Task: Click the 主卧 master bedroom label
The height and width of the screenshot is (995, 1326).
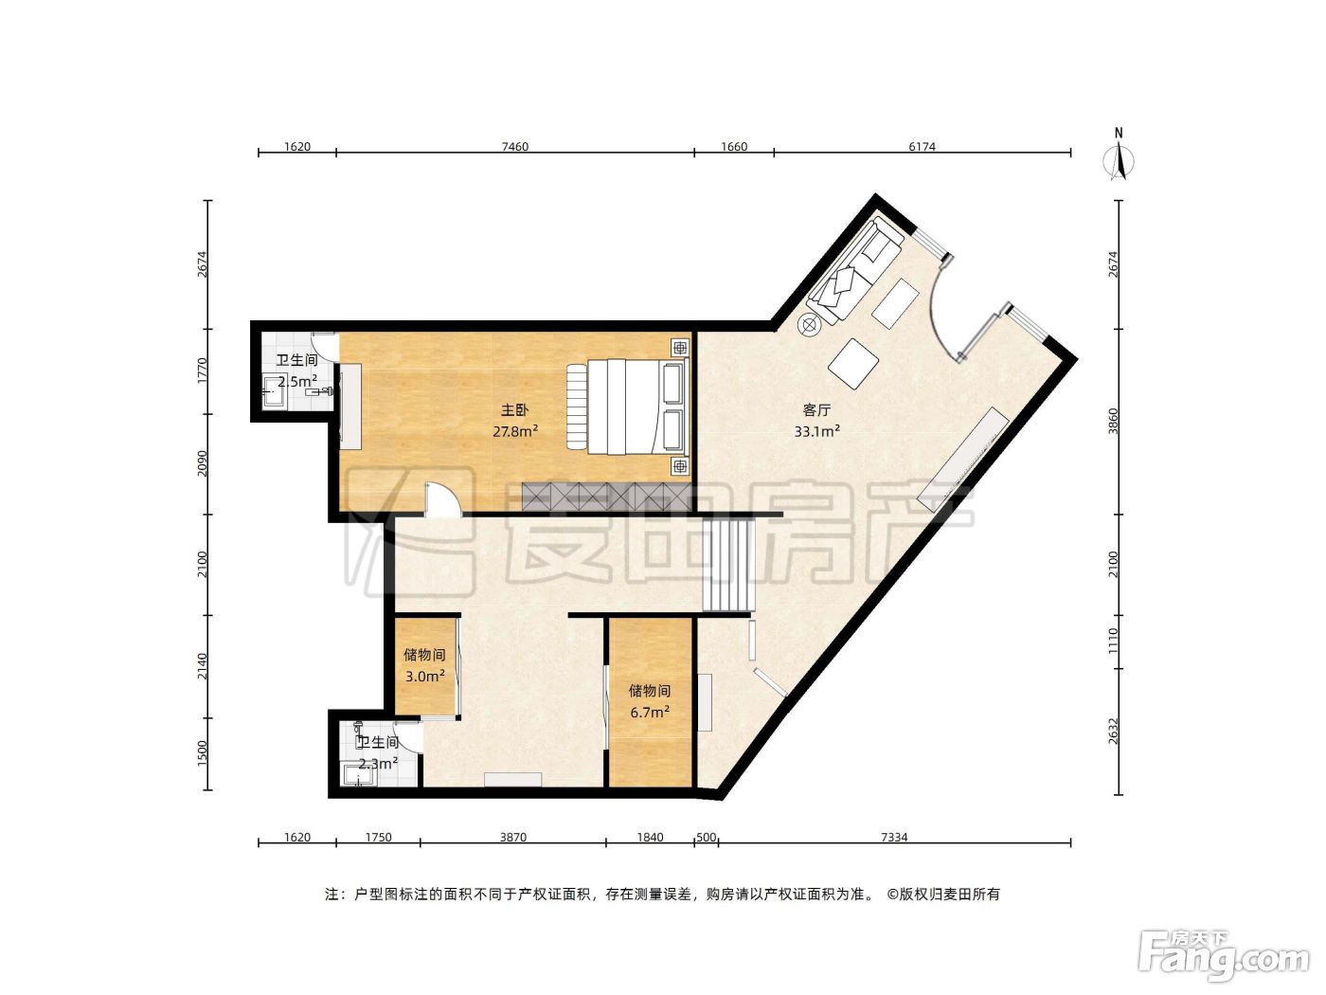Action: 514,410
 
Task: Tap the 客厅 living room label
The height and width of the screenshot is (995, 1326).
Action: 816,410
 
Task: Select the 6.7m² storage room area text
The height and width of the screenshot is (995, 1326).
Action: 650,713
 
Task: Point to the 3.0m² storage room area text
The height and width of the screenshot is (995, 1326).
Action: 424,676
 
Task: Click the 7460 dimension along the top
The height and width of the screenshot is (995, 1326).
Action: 514,147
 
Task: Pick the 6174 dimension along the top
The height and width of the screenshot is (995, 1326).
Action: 922,147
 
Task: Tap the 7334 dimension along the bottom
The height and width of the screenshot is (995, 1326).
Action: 894,838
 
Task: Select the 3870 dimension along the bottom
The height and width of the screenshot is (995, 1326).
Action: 513,838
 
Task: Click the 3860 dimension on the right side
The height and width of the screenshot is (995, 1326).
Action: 1113,421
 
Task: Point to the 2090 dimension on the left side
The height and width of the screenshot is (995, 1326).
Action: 203,463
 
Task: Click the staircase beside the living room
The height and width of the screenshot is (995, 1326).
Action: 729,564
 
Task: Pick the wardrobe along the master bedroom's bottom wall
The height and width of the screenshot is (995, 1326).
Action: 606,497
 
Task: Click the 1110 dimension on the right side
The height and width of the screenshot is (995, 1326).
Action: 1113,642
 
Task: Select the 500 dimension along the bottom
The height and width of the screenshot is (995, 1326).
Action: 707,838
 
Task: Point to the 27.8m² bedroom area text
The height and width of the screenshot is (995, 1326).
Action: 514,431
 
